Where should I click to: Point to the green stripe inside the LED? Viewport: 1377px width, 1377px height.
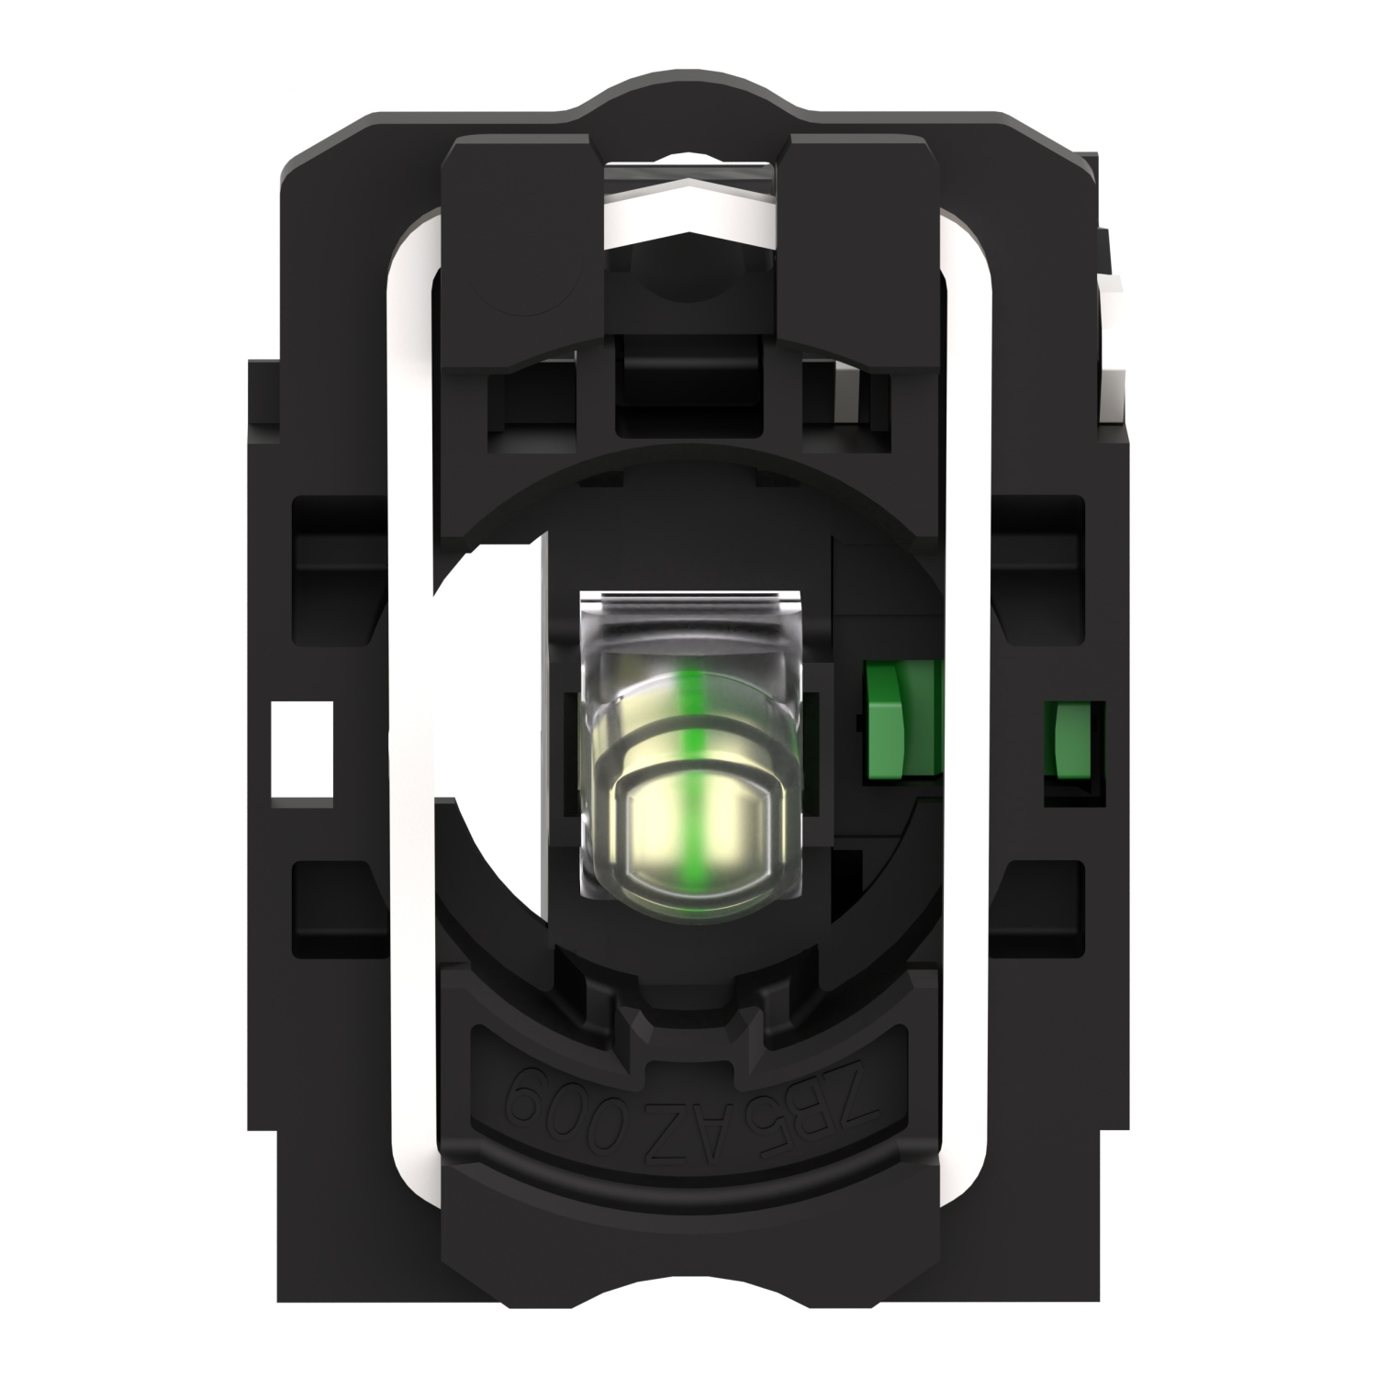(x=689, y=734)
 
